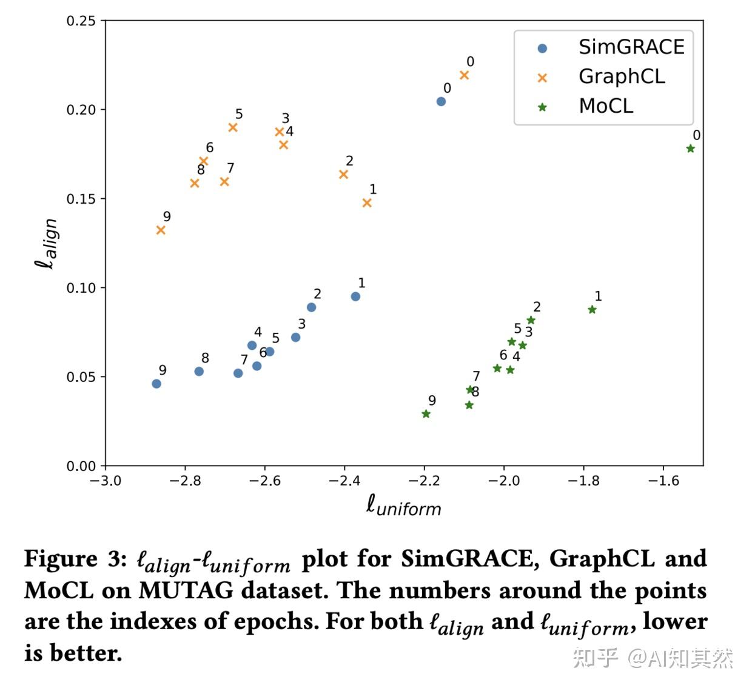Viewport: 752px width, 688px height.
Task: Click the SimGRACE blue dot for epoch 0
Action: pos(441,102)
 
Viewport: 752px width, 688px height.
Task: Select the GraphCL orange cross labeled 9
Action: pos(161,230)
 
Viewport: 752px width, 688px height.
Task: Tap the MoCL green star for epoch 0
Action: pos(690,149)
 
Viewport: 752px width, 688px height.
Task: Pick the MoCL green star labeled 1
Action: pos(592,310)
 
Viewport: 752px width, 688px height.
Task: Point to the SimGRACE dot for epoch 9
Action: pos(156,384)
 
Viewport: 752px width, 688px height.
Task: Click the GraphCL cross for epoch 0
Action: pos(465,76)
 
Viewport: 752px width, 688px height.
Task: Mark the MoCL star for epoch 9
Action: pos(426,414)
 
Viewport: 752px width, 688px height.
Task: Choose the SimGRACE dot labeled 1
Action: pos(355,296)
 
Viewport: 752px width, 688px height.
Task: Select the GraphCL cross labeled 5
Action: pos(233,127)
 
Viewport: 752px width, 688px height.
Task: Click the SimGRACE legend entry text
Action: pos(631,47)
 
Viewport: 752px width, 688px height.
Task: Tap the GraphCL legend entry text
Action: pos(622,76)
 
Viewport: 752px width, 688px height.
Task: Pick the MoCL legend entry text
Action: pos(606,106)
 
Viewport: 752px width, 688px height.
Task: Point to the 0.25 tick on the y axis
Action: pos(81,21)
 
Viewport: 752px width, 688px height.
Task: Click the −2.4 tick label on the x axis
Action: pos(344,481)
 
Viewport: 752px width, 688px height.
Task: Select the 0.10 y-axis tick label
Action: pos(81,288)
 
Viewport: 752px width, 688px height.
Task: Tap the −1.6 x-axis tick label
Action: pos(663,481)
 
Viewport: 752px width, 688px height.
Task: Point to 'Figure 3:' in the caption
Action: pos(76,559)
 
